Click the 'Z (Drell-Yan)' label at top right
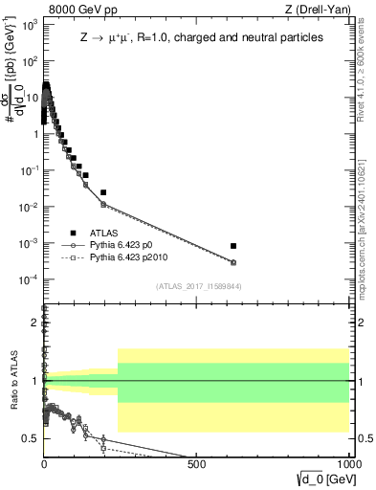pyautogui.click(x=316, y=9)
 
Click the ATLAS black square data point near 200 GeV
pyautogui.click(x=103, y=192)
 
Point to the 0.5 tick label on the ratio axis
pyautogui.click(x=30, y=438)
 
